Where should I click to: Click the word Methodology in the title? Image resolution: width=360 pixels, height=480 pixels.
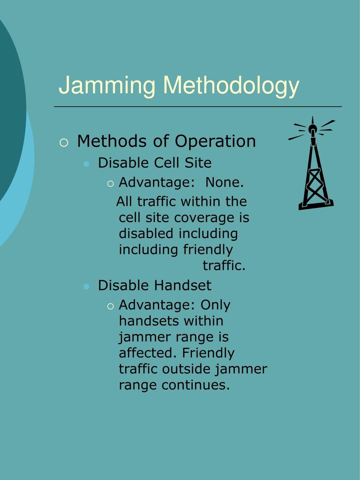point(231,85)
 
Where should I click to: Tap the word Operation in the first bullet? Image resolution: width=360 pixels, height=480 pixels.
point(215,141)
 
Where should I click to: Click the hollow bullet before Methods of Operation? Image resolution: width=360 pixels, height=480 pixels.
point(64,143)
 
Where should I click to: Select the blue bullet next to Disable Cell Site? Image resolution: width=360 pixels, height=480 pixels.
point(86,164)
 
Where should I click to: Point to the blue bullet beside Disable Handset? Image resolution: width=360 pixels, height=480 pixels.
point(86,287)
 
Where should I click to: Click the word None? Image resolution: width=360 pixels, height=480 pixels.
point(224,183)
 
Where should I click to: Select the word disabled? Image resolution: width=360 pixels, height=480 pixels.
point(146,233)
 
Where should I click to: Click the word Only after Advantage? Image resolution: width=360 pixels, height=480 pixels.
point(215,305)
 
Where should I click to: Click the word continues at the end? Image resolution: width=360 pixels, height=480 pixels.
point(195,385)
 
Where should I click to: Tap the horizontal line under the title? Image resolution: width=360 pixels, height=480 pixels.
point(198,106)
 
